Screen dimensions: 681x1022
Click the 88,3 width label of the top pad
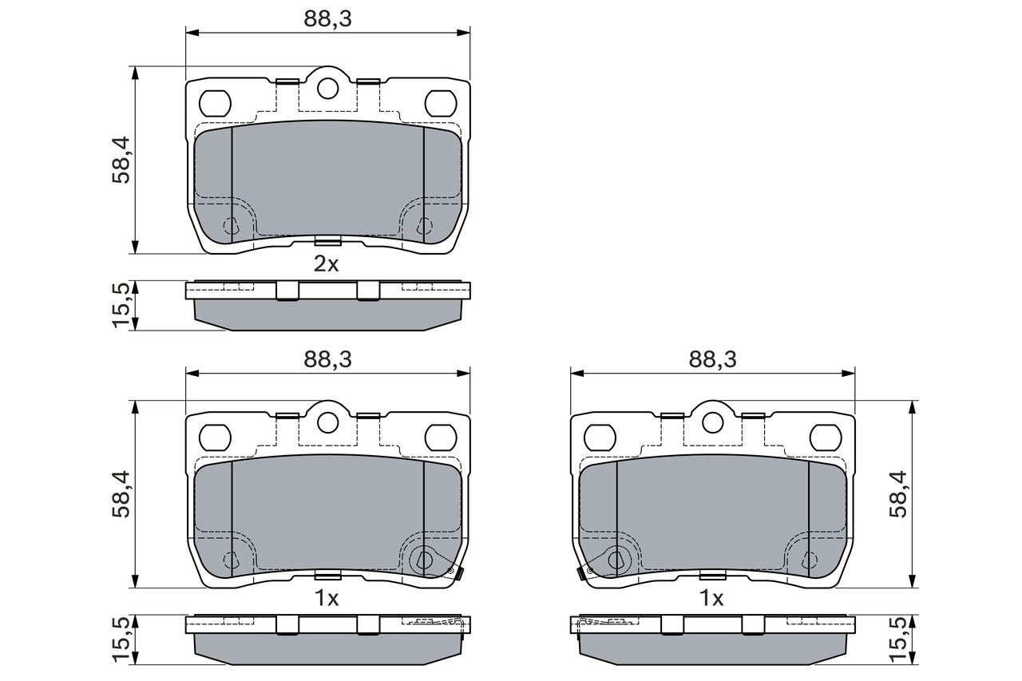(327, 19)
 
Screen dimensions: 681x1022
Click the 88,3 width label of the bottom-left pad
(327, 359)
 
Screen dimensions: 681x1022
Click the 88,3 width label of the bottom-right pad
(712, 359)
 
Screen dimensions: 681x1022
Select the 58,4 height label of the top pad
(121, 160)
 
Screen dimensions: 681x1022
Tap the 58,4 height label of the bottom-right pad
(900, 495)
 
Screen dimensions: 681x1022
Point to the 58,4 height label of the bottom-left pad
(121, 495)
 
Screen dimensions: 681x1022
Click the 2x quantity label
(326, 265)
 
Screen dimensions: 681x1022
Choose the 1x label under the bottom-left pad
(326, 599)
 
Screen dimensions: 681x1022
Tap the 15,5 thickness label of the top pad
(121, 304)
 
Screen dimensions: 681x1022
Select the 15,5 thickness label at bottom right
(900, 639)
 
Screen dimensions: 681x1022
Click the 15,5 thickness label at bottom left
(121, 639)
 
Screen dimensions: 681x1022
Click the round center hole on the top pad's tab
(327, 88)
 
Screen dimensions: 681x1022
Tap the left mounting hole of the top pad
(214, 103)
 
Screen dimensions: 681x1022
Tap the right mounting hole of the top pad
(440, 103)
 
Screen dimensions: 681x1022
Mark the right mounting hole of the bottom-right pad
(825, 438)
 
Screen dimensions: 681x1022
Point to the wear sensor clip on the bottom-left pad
(455, 572)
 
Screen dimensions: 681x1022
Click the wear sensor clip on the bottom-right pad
(584, 572)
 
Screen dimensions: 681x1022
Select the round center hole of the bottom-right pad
(712, 422)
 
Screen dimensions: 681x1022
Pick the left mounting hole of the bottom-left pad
(214, 438)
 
